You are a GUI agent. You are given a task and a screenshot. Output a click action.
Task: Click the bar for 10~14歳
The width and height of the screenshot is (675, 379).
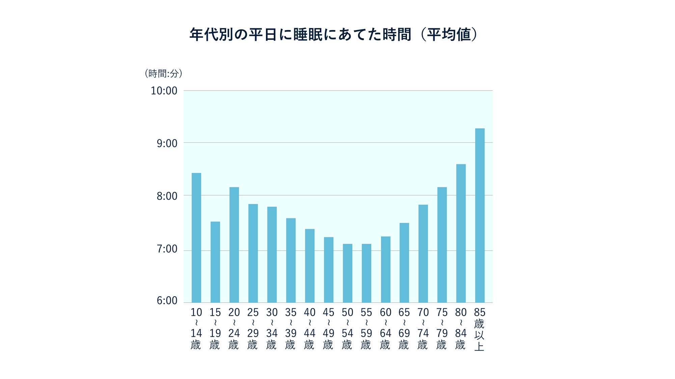coord(196,238)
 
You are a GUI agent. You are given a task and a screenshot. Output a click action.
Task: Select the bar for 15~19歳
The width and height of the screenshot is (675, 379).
coord(215,262)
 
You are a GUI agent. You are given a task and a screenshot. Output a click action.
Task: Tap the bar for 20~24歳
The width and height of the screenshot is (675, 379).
coord(234,245)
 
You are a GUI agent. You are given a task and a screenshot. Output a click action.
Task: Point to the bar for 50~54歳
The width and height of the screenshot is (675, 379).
coord(348,273)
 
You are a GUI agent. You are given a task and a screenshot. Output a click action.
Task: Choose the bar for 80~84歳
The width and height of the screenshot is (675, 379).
coord(461,233)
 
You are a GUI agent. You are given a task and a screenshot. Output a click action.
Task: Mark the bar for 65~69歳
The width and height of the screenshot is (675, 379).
coord(404,263)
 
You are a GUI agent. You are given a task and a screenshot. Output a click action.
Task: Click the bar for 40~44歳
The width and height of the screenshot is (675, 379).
coord(310,266)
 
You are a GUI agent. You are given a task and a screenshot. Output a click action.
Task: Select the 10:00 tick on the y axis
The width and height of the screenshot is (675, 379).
coord(164,91)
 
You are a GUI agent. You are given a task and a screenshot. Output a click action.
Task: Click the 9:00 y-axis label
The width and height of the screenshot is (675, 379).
coord(167,144)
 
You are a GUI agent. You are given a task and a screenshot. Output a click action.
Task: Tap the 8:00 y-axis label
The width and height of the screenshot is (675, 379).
coord(167,196)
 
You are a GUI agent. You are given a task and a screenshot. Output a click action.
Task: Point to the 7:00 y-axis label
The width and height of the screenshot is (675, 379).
coord(167,249)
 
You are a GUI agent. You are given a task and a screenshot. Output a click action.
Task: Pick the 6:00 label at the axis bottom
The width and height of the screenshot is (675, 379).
coord(167,301)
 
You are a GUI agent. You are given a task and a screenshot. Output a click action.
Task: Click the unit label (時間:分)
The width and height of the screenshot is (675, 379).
coord(163,73)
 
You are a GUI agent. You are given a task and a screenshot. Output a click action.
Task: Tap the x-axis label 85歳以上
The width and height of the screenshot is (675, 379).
coord(480,329)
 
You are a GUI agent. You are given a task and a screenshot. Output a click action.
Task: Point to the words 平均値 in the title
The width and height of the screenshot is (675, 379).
coord(449,35)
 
